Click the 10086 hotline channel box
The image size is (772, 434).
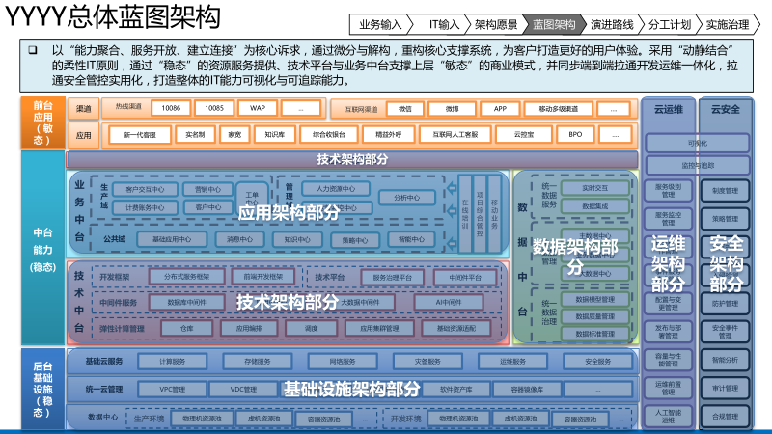click(171, 109)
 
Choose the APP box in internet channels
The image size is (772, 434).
click(500, 109)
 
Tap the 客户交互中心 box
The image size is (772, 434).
click(141, 189)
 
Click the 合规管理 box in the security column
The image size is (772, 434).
click(725, 418)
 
